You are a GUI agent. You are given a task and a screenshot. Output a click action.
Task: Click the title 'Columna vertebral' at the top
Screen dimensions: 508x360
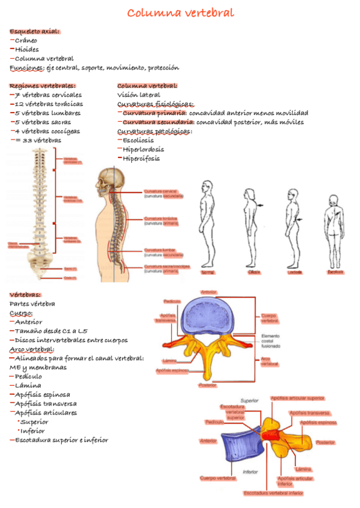point(180,13)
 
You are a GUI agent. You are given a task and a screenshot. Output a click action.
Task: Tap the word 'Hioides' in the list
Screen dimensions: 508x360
point(27,50)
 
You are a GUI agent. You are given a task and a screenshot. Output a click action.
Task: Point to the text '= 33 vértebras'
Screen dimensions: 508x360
point(38,140)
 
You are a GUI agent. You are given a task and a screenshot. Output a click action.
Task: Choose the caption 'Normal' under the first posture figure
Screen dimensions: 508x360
point(207,273)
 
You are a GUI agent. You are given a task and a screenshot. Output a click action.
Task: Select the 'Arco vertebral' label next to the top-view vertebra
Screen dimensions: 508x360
point(269,361)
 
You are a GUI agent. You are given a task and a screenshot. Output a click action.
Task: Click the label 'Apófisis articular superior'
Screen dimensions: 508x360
point(298,397)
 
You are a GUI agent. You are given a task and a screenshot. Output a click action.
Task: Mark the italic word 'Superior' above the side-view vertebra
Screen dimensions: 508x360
point(249,400)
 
